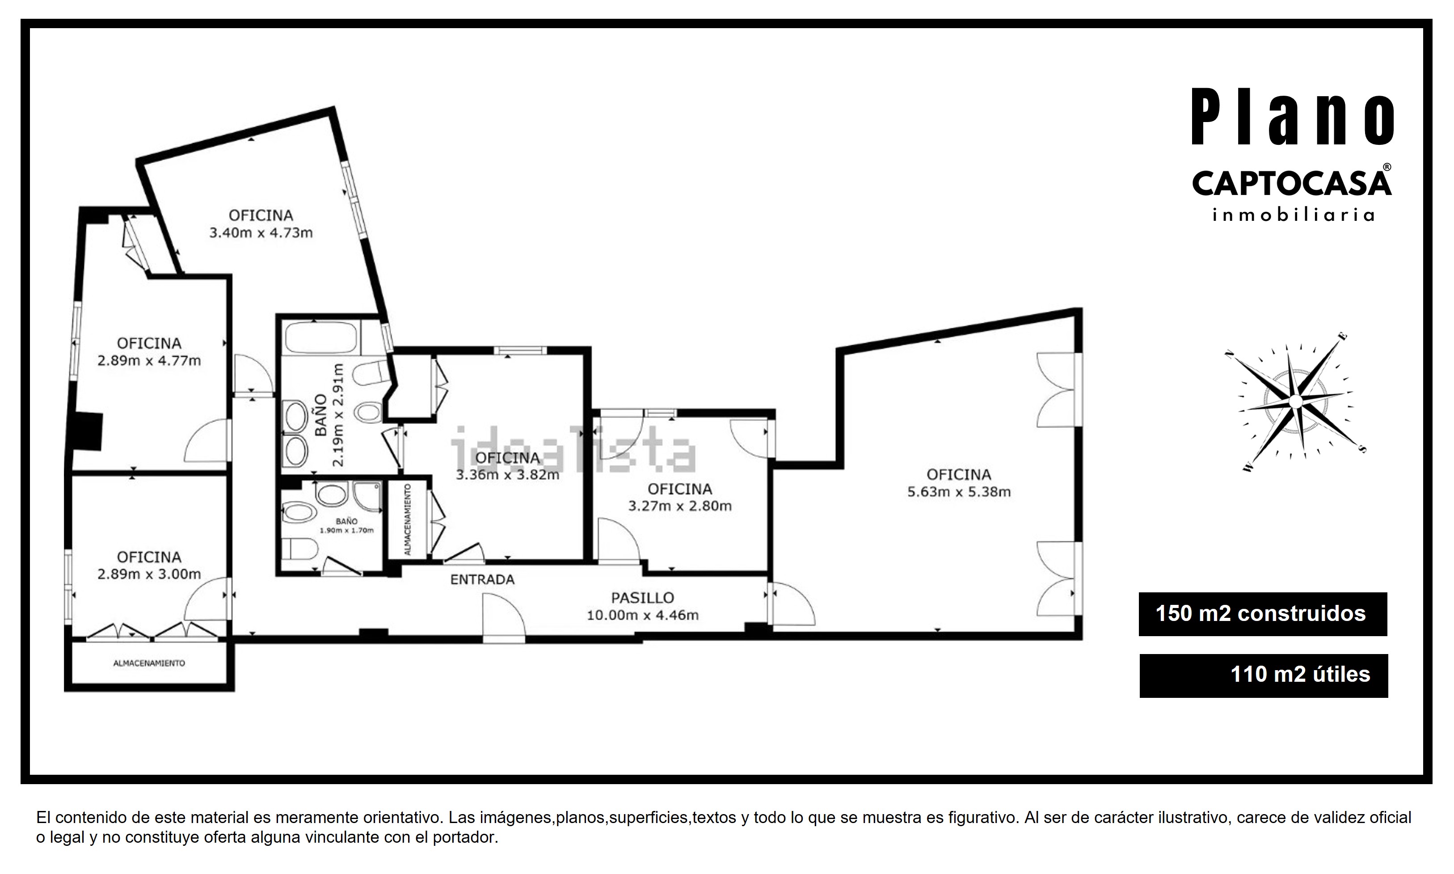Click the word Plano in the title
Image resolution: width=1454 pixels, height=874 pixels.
point(1293,117)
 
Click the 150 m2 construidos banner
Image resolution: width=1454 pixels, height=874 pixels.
point(1263,614)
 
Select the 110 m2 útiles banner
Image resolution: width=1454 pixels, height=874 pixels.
point(1264,676)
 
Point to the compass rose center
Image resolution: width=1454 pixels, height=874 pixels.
point(1295,401)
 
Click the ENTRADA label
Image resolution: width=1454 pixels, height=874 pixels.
point(482,579)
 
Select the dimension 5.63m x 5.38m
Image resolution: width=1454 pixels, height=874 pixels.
point(959,492)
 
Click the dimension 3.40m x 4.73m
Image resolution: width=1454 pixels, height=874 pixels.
point(261,232)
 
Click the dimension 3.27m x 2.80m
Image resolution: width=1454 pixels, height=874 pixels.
point(680,506)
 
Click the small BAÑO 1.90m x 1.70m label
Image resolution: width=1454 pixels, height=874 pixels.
point(347,525)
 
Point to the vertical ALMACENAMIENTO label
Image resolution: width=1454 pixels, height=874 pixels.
point(408,519)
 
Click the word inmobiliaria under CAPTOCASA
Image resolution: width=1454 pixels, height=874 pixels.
point(1293,215)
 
